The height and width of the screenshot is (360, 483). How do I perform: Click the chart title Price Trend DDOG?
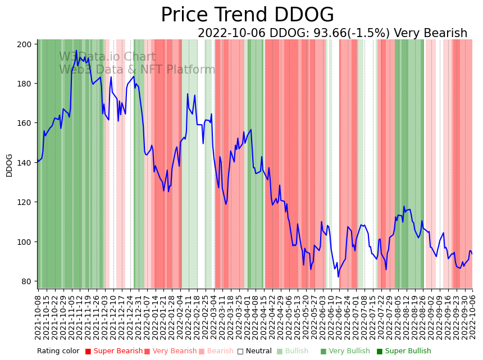(247, 15)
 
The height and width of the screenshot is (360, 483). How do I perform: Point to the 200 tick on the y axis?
(26, 44)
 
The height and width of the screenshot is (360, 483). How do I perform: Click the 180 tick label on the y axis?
(26, 84)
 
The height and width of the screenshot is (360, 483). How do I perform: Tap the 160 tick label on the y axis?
(26, 123)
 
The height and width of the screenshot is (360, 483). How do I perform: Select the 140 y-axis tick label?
(26, 163)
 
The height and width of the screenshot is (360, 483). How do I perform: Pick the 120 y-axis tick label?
(26, 202)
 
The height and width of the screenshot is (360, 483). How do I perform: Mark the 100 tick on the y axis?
(26, 242)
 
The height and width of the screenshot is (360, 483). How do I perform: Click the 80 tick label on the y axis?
(29, 281)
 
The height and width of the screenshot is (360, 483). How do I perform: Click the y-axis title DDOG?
(10, 165)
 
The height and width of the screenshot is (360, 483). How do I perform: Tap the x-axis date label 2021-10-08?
(38, 315)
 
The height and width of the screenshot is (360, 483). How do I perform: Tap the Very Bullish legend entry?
(345, 352)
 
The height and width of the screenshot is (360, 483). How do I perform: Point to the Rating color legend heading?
(58, 352)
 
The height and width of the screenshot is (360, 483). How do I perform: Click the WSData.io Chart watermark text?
(107, 57)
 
